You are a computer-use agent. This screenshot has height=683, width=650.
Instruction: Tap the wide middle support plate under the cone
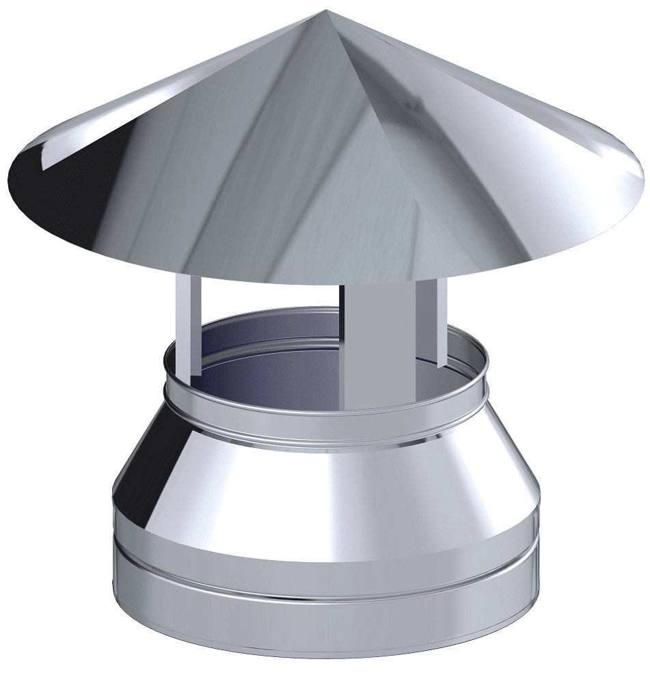pos(376,341)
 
